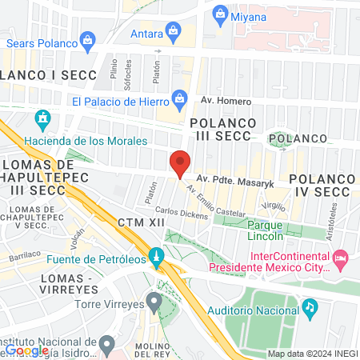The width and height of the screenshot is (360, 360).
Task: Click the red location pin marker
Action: tap(180, 163)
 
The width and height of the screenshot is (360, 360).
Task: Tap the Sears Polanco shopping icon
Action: tap(89, 38)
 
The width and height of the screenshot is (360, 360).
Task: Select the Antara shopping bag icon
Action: tap(171, 31)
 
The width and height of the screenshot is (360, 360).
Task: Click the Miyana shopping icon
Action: tap(219, 14)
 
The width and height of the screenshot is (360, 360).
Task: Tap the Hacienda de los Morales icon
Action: tap(42, 122)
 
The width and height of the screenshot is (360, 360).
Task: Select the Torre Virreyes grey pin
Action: tap(154, 301)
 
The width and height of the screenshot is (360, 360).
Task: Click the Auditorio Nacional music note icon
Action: tap(310, 307)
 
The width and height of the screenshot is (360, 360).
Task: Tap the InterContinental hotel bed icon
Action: tap(340, 258)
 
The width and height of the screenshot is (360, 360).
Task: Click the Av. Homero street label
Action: tap(226, 102)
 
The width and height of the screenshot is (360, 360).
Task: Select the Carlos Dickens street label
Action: tap(182, 214)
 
